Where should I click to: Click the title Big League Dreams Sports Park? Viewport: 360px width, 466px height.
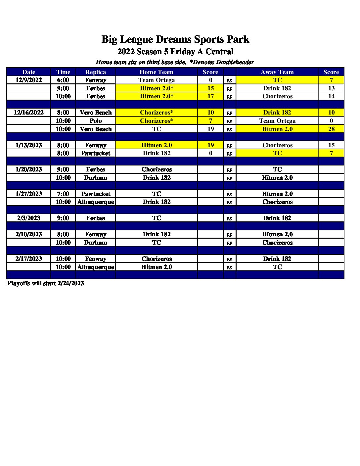(175, 39)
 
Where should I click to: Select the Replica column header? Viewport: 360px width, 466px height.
(96, 72)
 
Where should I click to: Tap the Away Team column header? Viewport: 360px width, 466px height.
(277, 72)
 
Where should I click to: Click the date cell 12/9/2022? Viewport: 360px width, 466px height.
(29, 80)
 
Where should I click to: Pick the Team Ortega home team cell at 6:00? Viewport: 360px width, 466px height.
(157, 80)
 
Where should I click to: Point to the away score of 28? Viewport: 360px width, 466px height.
(331, 129)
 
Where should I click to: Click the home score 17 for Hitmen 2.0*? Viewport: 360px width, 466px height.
(210, 96)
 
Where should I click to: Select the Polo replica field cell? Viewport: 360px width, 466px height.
(96, 121)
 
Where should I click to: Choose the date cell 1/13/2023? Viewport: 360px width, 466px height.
(29, 145)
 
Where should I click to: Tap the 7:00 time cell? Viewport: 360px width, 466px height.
(63, 194)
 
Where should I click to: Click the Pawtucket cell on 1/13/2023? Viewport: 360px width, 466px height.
(96, 153)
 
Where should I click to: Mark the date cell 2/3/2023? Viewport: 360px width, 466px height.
(29, 218)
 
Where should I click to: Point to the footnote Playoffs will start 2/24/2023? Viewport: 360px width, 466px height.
(46, 283)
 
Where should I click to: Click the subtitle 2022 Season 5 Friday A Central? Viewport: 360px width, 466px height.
(175, 52)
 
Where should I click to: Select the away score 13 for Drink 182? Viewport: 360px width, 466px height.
(331, 88)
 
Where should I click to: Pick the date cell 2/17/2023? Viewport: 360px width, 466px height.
(29, 259)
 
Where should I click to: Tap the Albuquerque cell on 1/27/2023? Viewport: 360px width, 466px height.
(96, 202)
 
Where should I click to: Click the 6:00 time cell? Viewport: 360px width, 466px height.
(63, 80)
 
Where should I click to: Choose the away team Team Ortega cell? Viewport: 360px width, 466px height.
(277, 121)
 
